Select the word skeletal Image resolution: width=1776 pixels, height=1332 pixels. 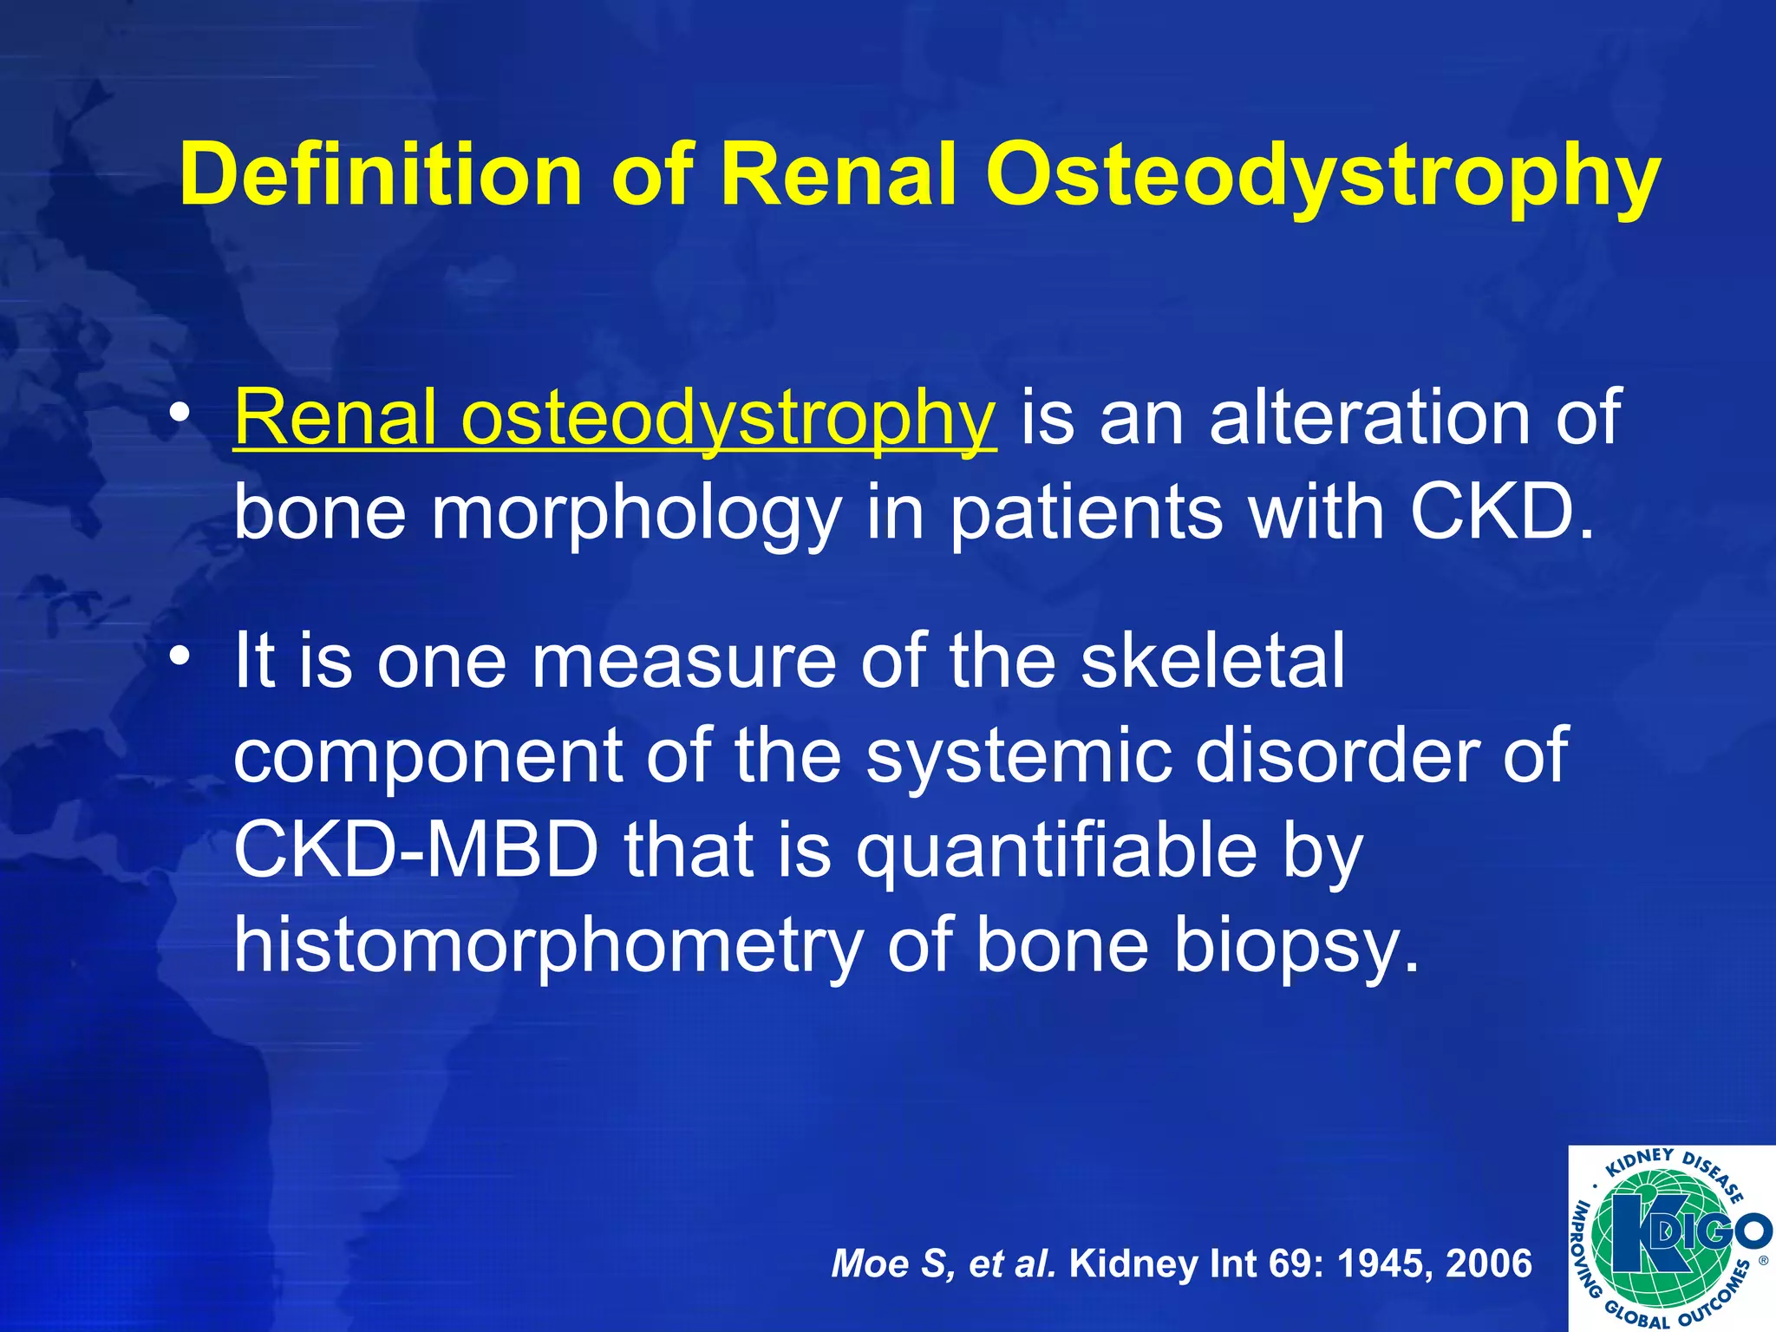(1212, 661)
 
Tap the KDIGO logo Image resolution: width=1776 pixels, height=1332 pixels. (1670, 1237)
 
